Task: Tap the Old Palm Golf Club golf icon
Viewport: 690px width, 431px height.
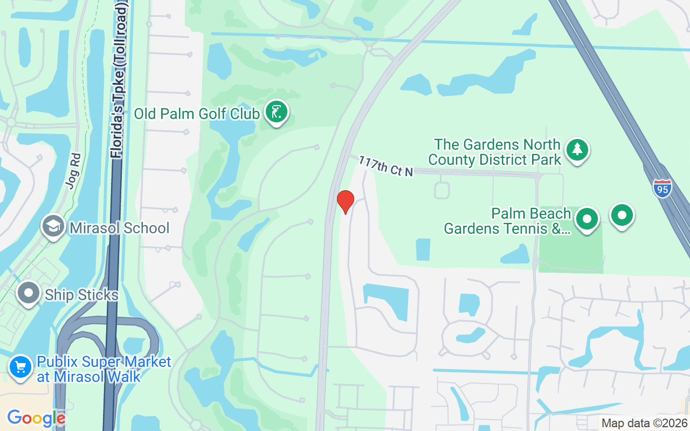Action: (277, 113)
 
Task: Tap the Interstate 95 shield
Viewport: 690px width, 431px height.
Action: (662, 188)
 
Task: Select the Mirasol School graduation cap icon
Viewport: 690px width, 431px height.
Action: (53, 227)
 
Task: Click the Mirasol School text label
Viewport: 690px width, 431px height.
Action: (119, 228)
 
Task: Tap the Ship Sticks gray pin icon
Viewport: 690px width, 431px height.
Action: (29, 294)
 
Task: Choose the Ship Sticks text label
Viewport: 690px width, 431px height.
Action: (81, 295)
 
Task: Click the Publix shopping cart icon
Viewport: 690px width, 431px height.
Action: (20, 367)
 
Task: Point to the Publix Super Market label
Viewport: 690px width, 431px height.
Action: (103, 369)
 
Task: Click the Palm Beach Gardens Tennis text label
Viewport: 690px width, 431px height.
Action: (507, 221)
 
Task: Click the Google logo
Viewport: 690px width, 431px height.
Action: (36, 418)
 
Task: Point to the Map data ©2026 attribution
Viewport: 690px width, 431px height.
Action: (644, 423)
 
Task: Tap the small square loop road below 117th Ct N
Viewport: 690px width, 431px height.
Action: (441, 190)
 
